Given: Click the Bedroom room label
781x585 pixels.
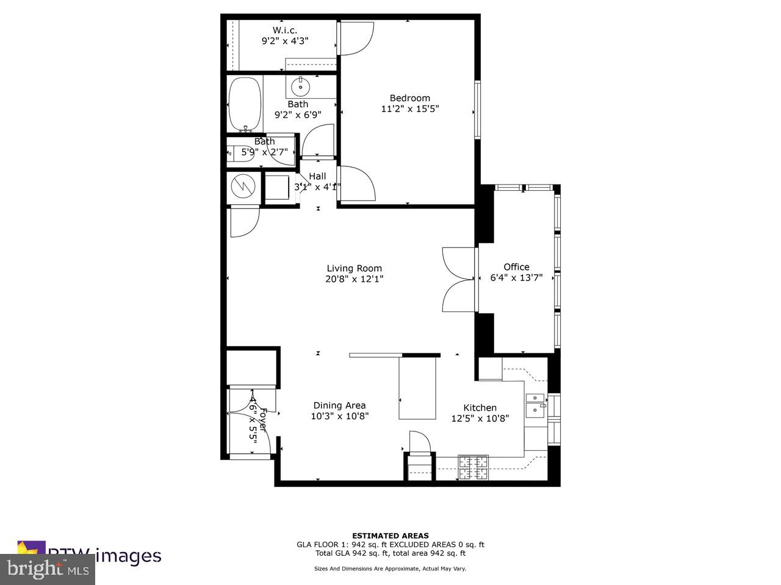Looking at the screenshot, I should coord(409,98).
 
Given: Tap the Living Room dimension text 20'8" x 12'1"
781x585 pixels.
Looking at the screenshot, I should coord(354,279).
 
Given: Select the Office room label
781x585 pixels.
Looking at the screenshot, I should coord(516,267).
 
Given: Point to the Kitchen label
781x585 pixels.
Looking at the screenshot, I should coord(480,408).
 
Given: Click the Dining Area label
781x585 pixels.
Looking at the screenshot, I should coord(339,405).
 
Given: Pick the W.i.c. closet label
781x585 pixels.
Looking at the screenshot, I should coord(285,30).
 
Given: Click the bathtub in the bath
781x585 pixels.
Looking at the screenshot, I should coord(245,104).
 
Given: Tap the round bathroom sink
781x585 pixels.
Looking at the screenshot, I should coord(301,87).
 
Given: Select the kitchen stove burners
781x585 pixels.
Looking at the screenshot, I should coord(473,467).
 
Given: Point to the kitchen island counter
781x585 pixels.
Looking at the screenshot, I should coord(418,388).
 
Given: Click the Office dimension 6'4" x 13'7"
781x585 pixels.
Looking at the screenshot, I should coord(516,278).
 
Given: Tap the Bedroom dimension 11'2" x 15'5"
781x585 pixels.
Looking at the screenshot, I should coord(409,109).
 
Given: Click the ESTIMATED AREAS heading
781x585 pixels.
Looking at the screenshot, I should coord(390,536).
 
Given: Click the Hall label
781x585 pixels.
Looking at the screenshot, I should coord(317,176).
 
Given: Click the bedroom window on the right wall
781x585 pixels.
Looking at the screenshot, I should coord(478,110).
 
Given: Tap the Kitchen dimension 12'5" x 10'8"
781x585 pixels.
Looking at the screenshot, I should coord(480,419).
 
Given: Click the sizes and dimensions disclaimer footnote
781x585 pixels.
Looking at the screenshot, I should coord(390,569).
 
